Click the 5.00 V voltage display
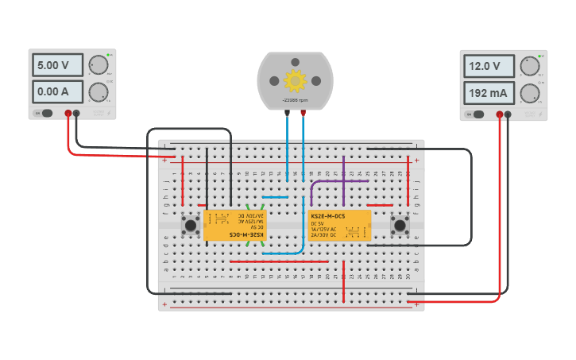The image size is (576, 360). click(x=59, y=65)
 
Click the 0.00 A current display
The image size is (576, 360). click(x=59, y=91)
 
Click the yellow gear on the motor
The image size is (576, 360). click(x=295, y=80)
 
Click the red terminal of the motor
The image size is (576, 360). click(x=303, y=113)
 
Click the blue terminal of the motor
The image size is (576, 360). click(x=288, y=113)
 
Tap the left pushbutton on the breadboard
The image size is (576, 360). click(x=191, y=226)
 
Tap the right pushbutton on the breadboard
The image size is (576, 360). click(x=400, y=226)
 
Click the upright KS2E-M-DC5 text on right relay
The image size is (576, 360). click(x=327, y=216)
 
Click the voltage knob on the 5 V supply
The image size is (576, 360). click(x=98, y=65)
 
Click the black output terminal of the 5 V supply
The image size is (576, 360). click(x=76, y=114)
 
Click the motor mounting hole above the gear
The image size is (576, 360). click(x=295, y=62)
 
